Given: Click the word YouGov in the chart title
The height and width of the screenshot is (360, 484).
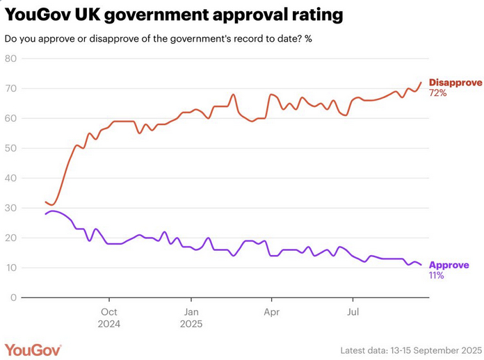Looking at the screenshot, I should (34, 14).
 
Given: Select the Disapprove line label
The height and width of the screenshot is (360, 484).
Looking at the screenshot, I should (455, 83).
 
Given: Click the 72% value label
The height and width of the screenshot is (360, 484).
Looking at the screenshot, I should (437, 93).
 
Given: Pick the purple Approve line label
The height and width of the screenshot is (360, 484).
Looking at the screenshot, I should (449, 265).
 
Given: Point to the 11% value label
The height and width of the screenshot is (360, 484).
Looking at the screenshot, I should (437, 275).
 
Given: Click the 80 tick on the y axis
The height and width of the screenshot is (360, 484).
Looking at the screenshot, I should (10, 58).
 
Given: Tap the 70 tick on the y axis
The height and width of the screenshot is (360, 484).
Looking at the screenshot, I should (10, 88).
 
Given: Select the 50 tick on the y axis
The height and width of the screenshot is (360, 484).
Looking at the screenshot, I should (10, 148).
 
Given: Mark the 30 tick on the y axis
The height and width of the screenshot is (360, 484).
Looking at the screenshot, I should (10, 208).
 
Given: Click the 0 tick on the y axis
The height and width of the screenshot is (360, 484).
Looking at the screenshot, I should (13, 297).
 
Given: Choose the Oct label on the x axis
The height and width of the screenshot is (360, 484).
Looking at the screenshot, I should (109, 311).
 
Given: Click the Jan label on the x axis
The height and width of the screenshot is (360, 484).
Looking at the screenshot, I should (191, 311).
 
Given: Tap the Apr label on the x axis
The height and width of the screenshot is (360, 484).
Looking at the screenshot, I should (272, 311).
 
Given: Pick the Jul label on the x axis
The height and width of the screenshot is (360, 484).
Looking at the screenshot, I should (353, 311).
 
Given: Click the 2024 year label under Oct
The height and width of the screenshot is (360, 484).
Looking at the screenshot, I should (109, 323).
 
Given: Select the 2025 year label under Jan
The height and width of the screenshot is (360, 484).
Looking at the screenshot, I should (191, 323).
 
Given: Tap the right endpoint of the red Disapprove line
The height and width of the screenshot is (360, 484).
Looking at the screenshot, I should (421, 83).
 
